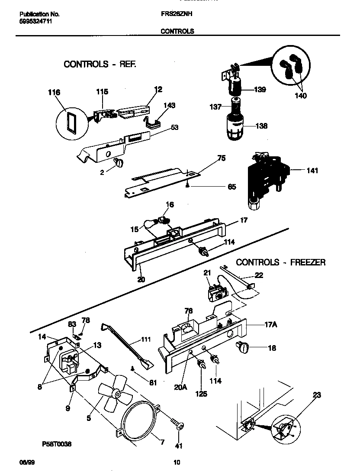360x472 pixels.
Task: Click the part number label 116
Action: [x=55, y=93]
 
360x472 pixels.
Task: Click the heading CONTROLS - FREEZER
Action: [x=281, y=262]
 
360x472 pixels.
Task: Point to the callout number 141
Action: [x=312, y=171]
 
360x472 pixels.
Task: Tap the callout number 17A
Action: [x=270, y=323]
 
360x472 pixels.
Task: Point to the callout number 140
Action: [x=301, y=96]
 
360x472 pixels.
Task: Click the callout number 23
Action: [x=317, y=395]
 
